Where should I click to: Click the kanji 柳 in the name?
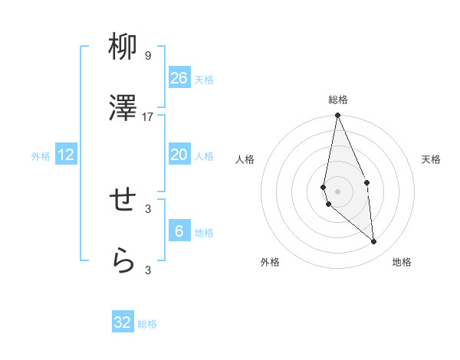tap(123, 48)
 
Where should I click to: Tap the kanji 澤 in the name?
tap(123, 109)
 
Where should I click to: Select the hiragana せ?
tap(123, 201)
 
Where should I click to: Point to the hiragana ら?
tap(123, 261)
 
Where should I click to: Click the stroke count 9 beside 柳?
tap(148, 56)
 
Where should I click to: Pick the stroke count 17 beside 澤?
tap(148, 116)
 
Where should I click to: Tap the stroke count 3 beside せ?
tap(148, 208)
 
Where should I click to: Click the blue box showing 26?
tap(179, 78)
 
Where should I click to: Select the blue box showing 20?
tap(179, 155)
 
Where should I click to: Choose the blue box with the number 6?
tap(179, 231)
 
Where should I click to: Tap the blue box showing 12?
tap(66, 155)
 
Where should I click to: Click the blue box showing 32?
tap(123, 322)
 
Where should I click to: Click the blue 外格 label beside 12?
tap(41, 156)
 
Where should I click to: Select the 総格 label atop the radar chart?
tap(338, 100)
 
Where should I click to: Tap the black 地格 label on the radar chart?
tap(402, 263)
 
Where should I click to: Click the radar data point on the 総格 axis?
tap(337, 116)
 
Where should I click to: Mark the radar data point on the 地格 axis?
tap(374, 241)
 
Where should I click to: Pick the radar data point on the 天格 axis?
tap(367, 182)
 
